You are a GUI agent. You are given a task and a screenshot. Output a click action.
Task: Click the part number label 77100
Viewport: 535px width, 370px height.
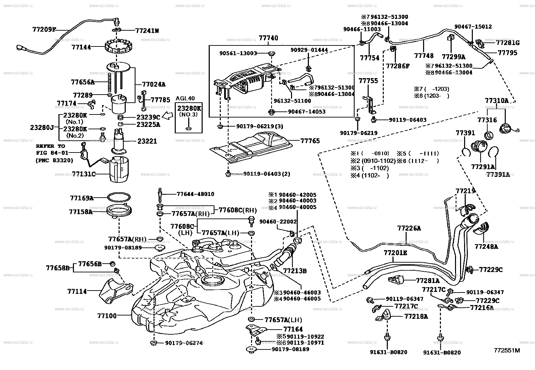(107, 316)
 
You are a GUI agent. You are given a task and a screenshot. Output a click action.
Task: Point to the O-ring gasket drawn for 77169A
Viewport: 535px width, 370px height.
(119, 198)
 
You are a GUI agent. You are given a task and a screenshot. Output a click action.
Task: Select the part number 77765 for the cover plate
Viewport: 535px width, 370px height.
(310, 141)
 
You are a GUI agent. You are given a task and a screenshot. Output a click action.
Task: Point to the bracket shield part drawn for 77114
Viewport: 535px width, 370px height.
(113, 291)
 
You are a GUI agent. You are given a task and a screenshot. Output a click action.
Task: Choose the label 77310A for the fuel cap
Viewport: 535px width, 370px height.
(496, 101)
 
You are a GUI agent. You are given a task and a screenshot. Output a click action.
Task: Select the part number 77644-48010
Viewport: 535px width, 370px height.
(195, 194)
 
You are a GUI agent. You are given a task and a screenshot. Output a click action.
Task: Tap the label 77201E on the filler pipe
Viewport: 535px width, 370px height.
(395, 253)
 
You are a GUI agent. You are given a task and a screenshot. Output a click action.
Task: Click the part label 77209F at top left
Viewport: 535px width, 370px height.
(44, 29)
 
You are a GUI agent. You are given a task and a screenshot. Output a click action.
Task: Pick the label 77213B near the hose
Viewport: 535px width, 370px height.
(295, 270)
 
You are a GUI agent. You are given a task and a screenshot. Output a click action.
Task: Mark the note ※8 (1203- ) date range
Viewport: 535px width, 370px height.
(432, 96)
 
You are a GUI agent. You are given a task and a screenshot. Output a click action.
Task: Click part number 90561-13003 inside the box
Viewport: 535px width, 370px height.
(238, 53)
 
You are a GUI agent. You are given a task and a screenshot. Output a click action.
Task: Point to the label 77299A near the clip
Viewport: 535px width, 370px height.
(453, 57)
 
